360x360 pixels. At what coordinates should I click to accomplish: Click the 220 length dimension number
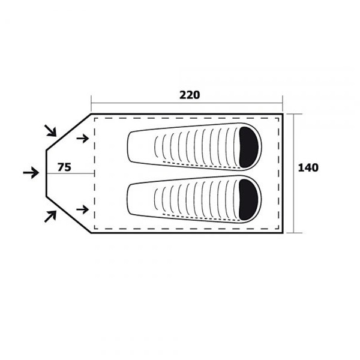point(190,95)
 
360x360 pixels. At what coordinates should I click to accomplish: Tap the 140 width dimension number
point(308,168)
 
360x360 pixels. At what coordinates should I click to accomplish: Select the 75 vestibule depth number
point(64,167)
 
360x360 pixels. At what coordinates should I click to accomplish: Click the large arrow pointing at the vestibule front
point(31,173)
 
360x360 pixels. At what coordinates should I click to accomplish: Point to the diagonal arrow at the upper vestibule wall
point(50,131)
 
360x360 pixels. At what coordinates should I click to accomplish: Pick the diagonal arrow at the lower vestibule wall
point(50,216)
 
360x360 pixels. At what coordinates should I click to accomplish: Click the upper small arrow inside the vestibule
point(83,139)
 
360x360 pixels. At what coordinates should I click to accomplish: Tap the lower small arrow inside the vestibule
point(83,209)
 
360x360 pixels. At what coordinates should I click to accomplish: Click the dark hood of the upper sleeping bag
point(248,147)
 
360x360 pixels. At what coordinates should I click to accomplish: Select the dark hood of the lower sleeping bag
point(248,199)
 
